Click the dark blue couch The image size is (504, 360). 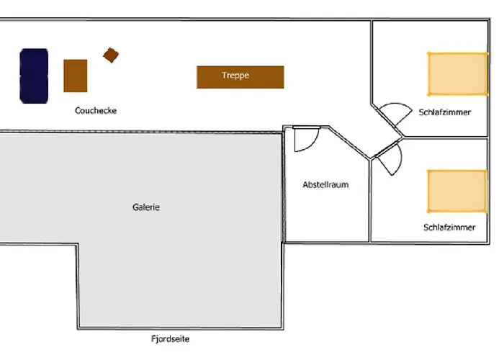coord(34,76)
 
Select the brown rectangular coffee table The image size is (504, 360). coord(76,76)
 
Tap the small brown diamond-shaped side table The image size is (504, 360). coord(111,55)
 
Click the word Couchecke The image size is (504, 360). coord(96,111)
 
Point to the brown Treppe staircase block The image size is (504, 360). coord(240,77)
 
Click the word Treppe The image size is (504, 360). coord(235,76)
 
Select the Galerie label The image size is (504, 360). coord(146,207)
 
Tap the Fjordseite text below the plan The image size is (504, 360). coord(171,339)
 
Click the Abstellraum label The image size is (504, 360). coord(325,185)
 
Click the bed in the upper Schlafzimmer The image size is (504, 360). coord(458,74)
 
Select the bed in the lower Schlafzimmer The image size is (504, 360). coord(457,192)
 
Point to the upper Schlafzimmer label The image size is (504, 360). coord(445,112)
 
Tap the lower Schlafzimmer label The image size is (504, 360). coord(449,228)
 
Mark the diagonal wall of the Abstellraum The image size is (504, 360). coord(349,143)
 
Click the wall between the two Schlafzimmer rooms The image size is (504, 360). coord(446,138)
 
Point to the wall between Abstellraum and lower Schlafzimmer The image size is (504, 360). coord(370,200)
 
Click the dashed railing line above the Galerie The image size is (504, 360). coord(141,132)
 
